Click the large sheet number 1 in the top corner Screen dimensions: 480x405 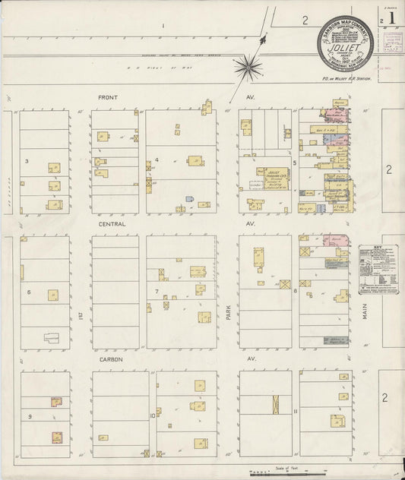(x=391, y=16)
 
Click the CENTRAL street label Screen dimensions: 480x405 (x=112, y=225)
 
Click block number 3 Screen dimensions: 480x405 (x=27, y=161)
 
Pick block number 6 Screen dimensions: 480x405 (x=28, y=292)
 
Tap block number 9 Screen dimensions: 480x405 (x=30, y=417)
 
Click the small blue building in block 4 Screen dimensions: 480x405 (x=190, y=200)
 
